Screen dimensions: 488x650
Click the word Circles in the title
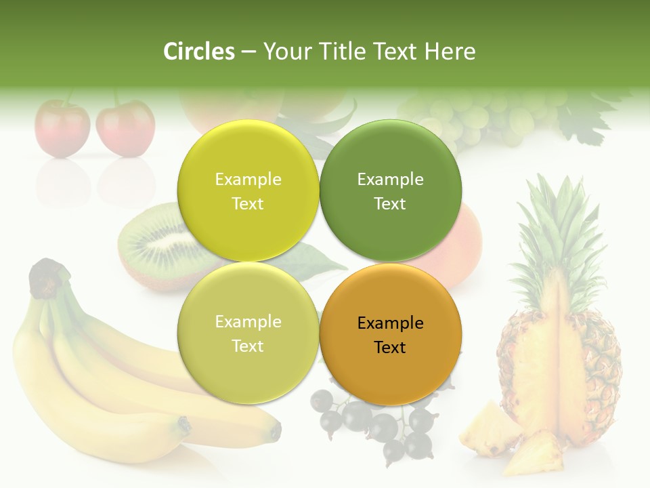199,52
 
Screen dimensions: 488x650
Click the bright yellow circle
248,190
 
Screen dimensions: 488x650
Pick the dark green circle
390,190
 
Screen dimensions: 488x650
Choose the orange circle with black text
390,334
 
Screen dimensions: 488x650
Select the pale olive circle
248,333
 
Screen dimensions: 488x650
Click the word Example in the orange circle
390,323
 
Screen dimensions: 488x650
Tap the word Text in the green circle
390,203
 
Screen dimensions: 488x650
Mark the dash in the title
248,52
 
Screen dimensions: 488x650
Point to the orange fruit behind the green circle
467,244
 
